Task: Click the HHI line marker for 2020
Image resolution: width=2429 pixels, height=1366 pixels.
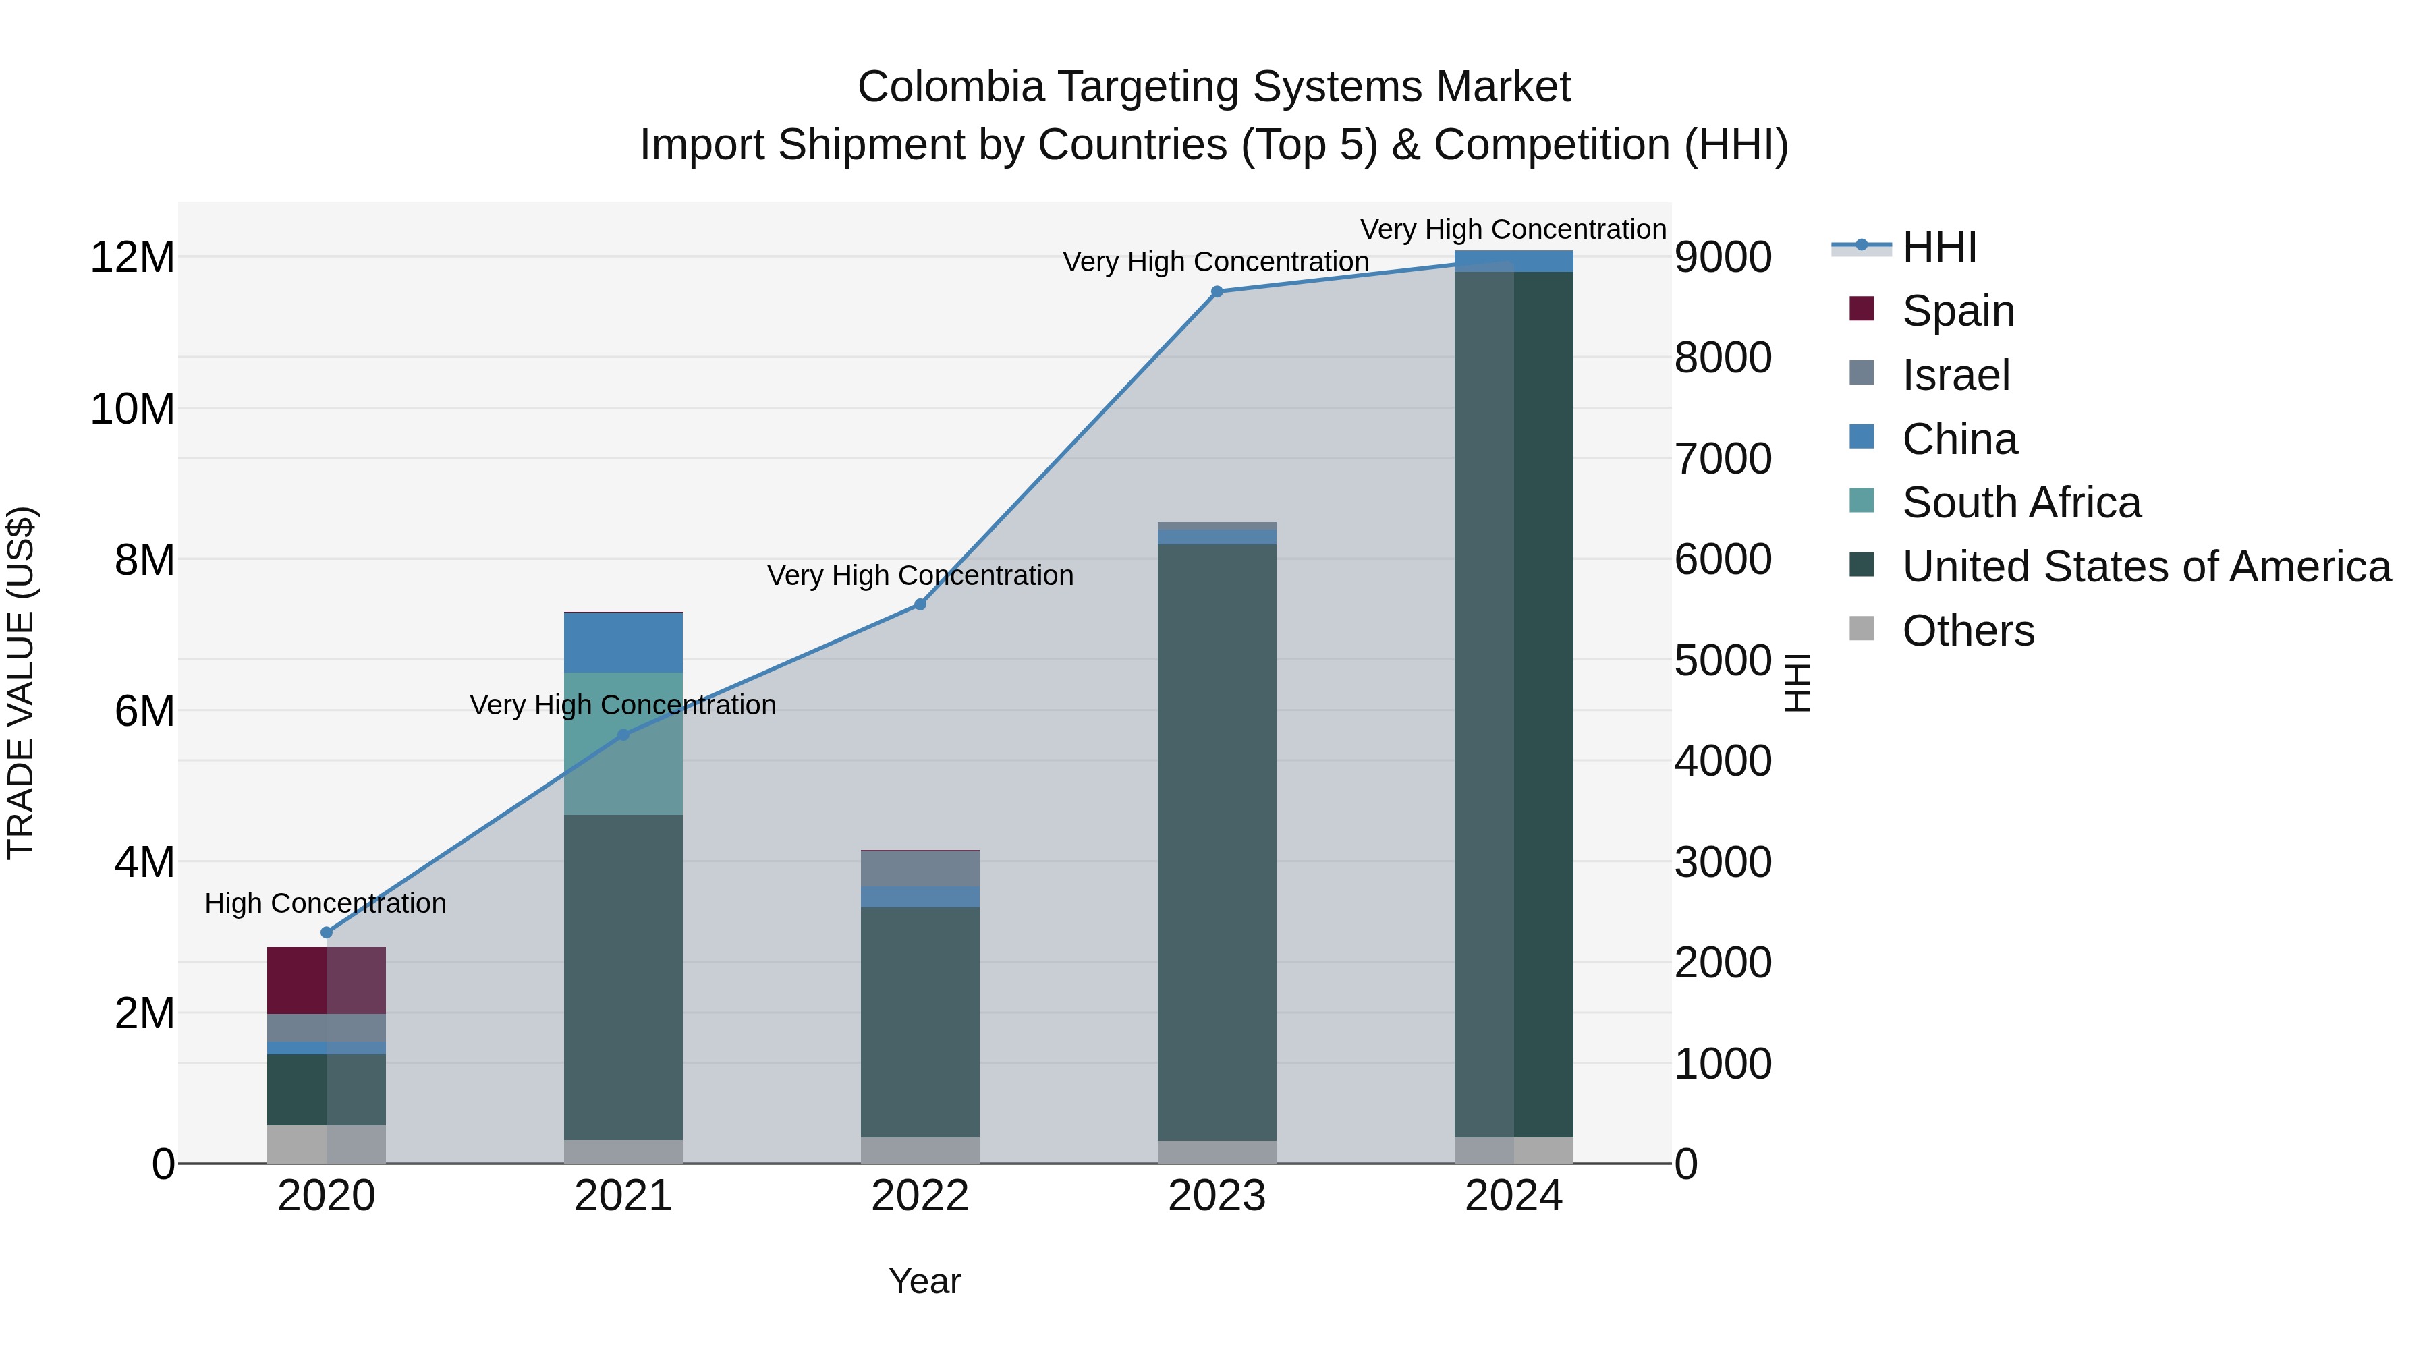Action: pyautogui.click(x=327, y=932)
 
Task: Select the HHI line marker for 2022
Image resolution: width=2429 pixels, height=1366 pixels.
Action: pyautogui.click(x=920, y=604)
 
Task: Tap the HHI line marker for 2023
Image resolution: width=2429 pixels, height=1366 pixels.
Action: pyautogui.click(x=1217, y=292)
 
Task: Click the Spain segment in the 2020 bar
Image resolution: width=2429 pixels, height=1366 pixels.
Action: pyautogui.click(x=327, y=980)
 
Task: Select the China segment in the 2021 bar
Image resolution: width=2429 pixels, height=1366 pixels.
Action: pyautogui.click(x=623, y=642)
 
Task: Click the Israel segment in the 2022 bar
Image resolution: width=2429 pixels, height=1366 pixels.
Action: pyautogui.click(x=920, y=868)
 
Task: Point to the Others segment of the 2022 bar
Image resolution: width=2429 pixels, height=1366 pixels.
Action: pyautogui.click(x=920, y=1150)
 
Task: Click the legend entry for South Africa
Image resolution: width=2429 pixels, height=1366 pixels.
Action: pyautogui.click(x=2021, y=503)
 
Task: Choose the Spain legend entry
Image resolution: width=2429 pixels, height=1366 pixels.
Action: pyautogui.click(x=1957, y=311)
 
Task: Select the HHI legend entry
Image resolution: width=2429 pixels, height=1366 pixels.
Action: pyautogui.click(x=1938, y=247)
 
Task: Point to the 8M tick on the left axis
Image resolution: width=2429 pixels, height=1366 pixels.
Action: pyautogui.click(x=144, y=560)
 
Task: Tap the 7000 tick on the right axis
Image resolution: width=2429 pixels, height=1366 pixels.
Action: pyautogui.click(x=1723, y=459)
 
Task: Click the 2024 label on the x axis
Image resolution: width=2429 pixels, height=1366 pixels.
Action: pyautogui.click(x=1513, y=1196)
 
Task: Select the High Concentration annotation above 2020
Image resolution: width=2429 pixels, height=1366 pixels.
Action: pyautogui.click(x=325, y=903)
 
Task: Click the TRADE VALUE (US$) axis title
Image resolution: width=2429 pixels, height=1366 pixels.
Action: pyautogui.click(x=21, y=683)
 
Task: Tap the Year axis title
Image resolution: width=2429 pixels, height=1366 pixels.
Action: pyautogui.click(x=924, y=1281)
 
